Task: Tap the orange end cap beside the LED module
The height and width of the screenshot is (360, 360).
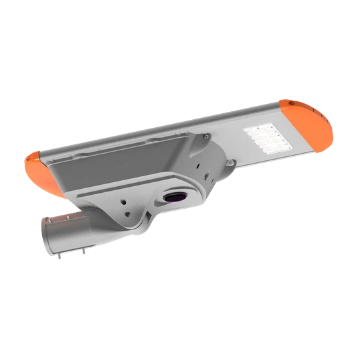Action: (310, 125)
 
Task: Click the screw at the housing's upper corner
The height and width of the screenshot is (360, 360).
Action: (207, 136)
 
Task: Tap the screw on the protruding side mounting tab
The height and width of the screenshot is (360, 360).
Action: (230, 163)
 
